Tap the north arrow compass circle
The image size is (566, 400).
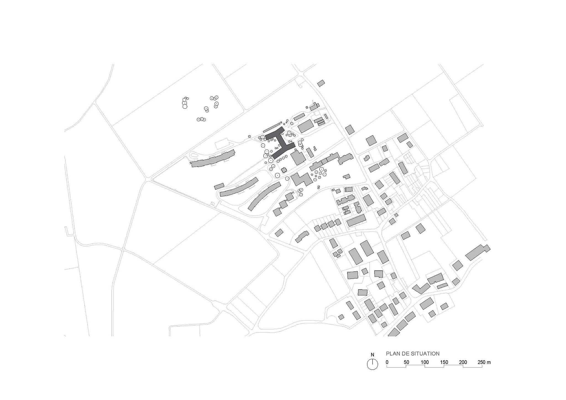click(372, 364)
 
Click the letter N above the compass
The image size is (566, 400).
click(372, 355)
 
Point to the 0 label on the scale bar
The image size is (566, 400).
click(387, 362)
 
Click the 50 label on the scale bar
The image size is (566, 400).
click(406, 362)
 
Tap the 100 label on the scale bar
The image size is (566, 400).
click(425, 362)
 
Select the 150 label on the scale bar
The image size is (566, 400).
click(444, 362)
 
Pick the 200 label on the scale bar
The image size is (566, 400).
click(463, 362)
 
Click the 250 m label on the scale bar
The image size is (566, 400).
click(484, 362)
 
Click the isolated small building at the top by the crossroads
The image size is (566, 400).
click(321, 83)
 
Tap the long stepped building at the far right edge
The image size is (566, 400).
click(478, 252)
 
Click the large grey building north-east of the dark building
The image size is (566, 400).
click(306, 126)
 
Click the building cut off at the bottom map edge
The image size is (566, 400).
click(394, 332)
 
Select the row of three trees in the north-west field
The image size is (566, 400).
click(201, 119)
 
